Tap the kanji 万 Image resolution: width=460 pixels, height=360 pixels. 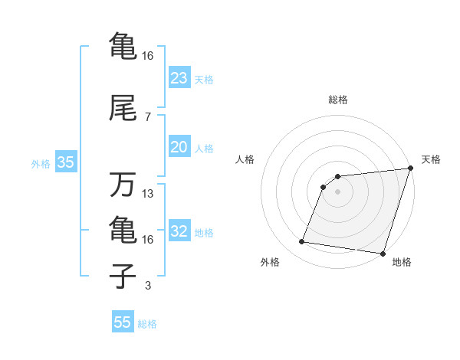[123, 185]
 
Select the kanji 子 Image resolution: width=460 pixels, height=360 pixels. [123, 277]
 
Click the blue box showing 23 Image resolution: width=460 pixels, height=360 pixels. [179, 78]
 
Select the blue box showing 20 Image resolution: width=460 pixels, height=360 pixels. [179, 148]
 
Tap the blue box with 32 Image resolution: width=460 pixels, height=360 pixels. [179, 232]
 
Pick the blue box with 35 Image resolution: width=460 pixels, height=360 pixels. [65, 162]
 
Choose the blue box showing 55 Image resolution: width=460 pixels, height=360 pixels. [123, 322]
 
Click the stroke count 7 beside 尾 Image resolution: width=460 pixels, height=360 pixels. [147, 117]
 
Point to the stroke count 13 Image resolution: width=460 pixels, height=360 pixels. [148, 194]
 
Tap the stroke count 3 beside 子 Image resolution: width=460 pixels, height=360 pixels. [147, 286]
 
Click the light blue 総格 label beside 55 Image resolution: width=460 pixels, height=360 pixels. [147, 324]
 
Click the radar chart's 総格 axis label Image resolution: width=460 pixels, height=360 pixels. [337, 100]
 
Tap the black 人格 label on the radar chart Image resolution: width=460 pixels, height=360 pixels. [245, 159]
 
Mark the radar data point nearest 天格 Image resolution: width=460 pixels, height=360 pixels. [410, 169]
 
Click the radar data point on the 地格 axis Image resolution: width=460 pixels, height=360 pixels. [383, 254]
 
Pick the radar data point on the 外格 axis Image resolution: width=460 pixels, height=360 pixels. [302, 242]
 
